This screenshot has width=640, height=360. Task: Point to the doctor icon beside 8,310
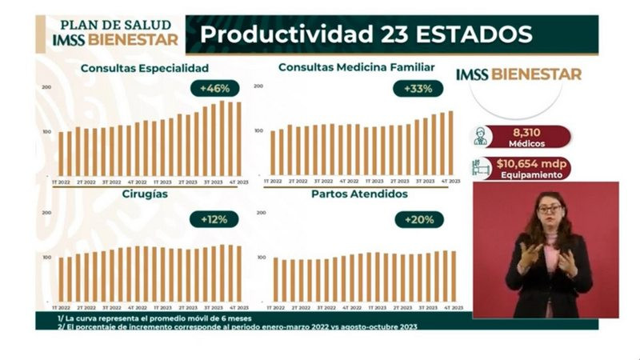[481, 136]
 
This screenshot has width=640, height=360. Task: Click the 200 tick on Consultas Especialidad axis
[47, 87]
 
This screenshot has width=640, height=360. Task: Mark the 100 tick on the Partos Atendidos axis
[260, 258]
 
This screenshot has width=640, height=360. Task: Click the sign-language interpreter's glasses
[550, 210]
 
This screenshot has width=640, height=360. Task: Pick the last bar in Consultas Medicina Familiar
[450, 142]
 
